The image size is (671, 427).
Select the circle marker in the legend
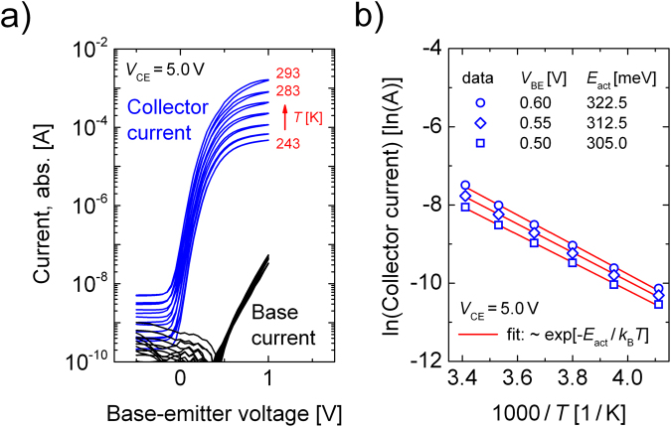pyautogui.click(x=480, y=102)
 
